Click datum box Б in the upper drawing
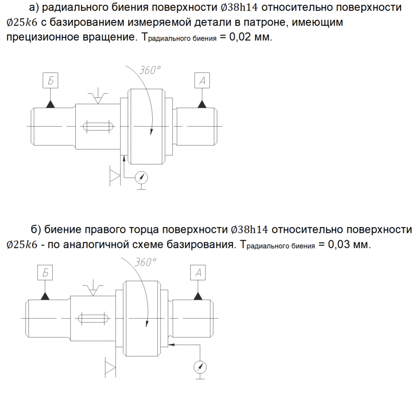(x=51, y=80)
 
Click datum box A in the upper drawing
(x=202, y=80)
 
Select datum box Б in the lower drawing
(x=45, y=273)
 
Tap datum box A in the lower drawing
(x=198, y=273)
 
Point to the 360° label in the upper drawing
(x=150, y=70)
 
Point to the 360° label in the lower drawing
(x=145, y=262)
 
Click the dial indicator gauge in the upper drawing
(x=141, y=178)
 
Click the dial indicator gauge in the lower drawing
(x=200, y=367)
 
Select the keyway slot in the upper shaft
(x=98, y=126)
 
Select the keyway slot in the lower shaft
(x=93, y=318)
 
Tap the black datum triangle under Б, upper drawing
(x=51, y=104)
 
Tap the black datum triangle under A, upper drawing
(x=202, y=104)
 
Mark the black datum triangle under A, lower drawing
(x=198, y=296)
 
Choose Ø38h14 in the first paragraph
(x=240, y=8)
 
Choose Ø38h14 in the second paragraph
(x=250, y=229)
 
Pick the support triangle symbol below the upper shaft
(x=115, y=176)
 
